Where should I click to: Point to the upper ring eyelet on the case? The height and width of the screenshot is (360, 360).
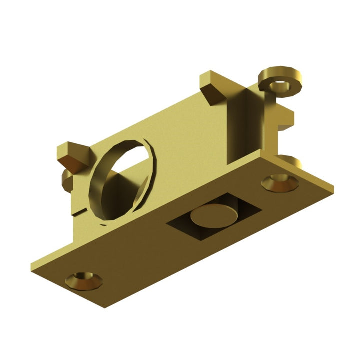tap(280, 80)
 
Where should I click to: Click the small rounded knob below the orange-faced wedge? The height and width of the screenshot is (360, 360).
tap(67, 180)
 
